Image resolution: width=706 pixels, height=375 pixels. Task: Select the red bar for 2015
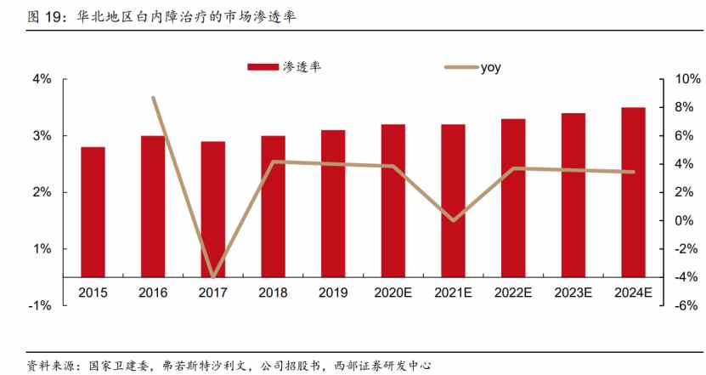coord(93,212)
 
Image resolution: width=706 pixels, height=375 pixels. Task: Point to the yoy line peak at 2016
coord(153,98)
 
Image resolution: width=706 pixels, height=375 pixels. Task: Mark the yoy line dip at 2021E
coord(454,220)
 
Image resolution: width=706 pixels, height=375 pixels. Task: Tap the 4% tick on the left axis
coord(42,79)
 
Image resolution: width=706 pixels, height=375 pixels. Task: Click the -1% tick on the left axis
coord(40,305)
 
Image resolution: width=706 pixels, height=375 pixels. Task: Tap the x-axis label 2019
coord(333,293)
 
